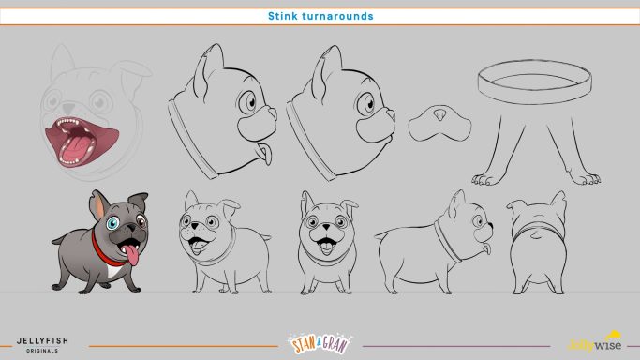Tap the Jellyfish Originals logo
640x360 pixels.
[42, 344]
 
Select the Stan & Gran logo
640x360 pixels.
[320, 343]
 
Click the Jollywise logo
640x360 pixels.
[594, 342]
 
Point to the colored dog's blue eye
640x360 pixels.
[112, 223]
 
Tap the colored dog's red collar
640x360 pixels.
[105, 252]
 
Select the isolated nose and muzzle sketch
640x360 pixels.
[439, 123]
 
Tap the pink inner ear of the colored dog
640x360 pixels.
[99, 206]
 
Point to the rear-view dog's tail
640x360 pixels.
[535, 234]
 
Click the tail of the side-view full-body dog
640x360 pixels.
[381, 234]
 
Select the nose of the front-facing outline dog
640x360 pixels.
[326, 227]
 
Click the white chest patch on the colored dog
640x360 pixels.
[113, 271]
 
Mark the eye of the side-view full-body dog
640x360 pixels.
[479, 221]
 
